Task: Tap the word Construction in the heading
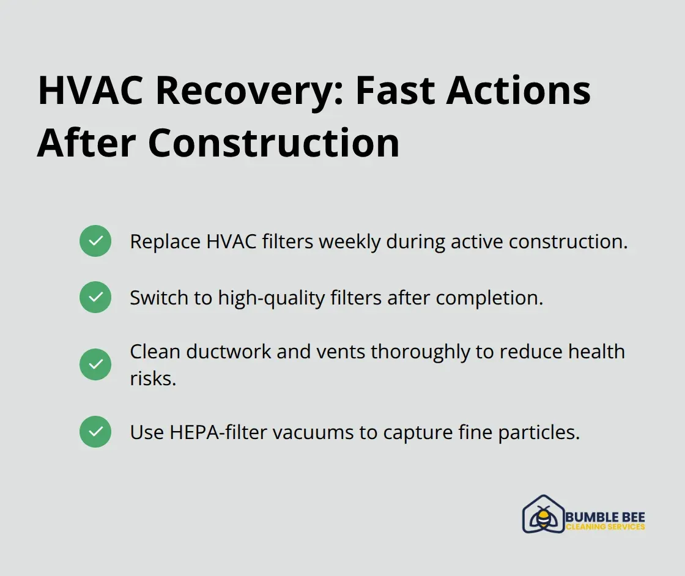point(274,143)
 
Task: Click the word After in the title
point(86,143)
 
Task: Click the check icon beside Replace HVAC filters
point(95,241)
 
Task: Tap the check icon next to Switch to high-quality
point(95,297)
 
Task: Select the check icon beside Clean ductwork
point(95,364)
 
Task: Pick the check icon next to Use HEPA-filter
point(95,432)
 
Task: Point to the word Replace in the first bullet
point(165,242)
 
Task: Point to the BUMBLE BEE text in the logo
point(605,517)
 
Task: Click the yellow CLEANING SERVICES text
point(605,527)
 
